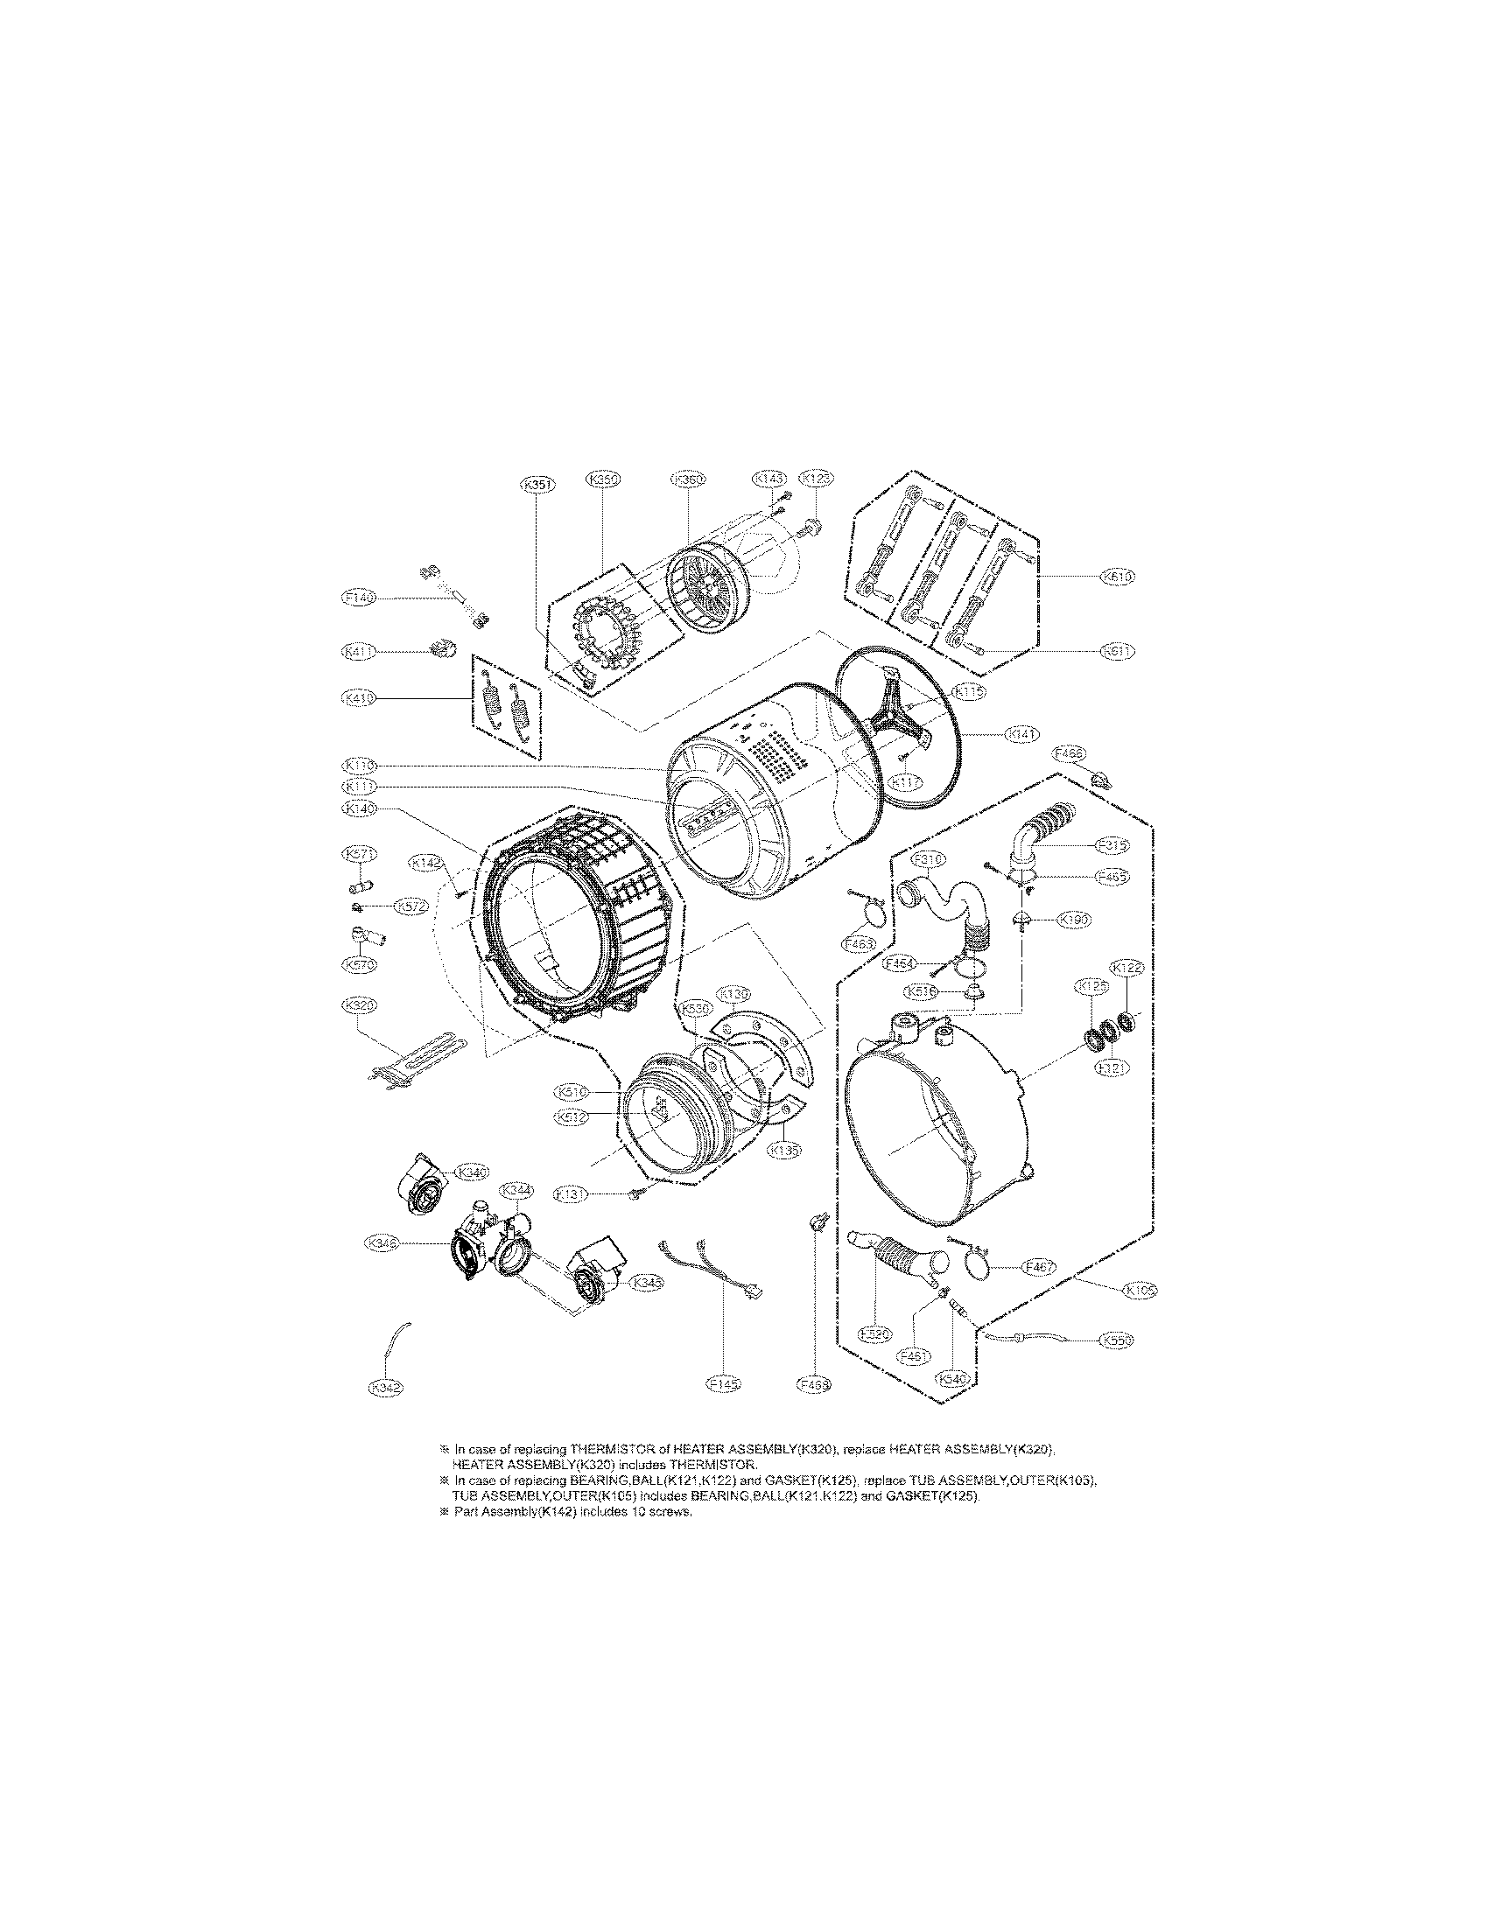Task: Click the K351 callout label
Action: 537,484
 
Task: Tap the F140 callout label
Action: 358,598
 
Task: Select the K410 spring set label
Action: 358,697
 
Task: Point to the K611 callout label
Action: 1118,651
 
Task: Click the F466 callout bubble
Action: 1070,752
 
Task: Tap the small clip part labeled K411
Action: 442,650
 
